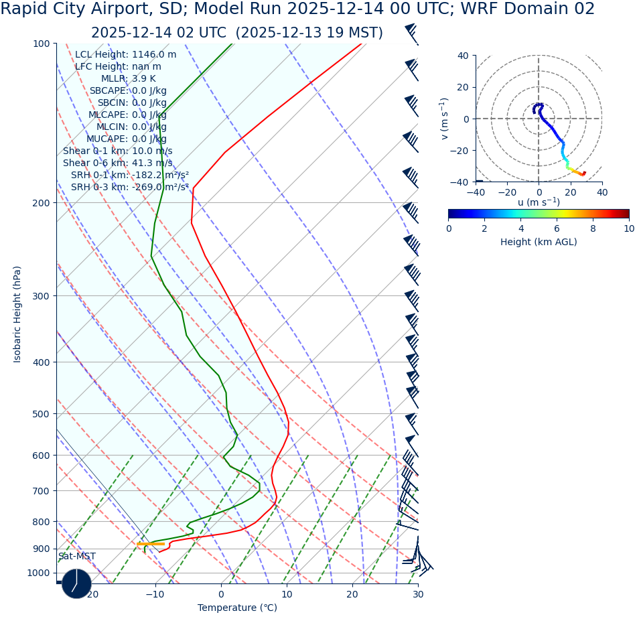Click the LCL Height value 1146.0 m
pyautogui.click(x=154, y=55)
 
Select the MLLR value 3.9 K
pyautogui.click(x=143, y=79)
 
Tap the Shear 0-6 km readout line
pyautogui.click(x=117, y=163)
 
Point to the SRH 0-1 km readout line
pyautogui.click(x=129, y=176)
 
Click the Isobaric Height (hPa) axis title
pyautogui.click(x=17, y=314)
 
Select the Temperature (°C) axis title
pyautogui.click(x=237, y=608)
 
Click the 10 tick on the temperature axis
pyautogui.click(x=287, y=595)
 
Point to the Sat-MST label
pyautogui.click(x=76, y=557)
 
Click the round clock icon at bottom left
pyautogui.click(x=76, y=583)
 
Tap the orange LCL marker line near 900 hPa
pyautogui.click(x=151, y=544)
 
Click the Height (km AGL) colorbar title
pyautogui.click(x=539, y=242)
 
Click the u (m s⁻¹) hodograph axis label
pyautogui.click(x=539, y=202)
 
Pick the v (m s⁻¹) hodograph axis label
pyautogui.click(x=444, y=119)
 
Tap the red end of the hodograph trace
pyautogui.click(x=584, y=173)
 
